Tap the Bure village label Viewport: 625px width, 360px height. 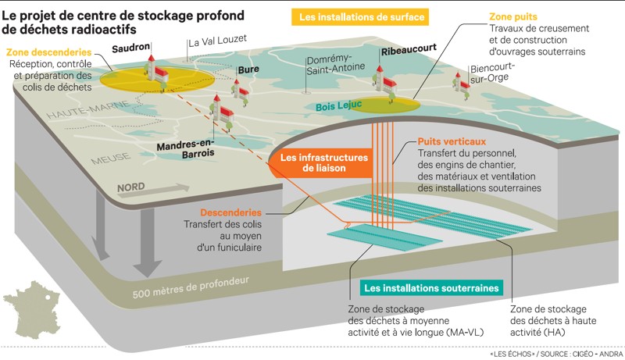click(248, 70)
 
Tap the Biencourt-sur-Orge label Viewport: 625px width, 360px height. click(491, 73)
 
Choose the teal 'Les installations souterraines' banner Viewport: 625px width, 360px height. click(432, 288)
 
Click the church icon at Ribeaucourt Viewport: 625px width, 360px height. click(381, 77)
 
